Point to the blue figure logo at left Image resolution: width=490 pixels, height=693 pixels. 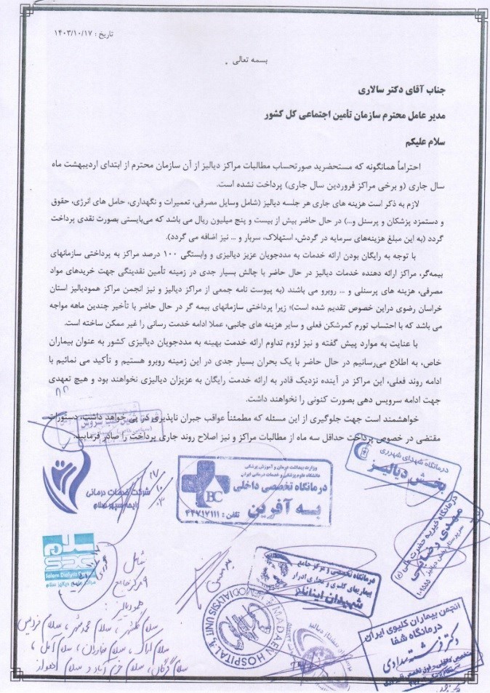(x=62, y=477)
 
